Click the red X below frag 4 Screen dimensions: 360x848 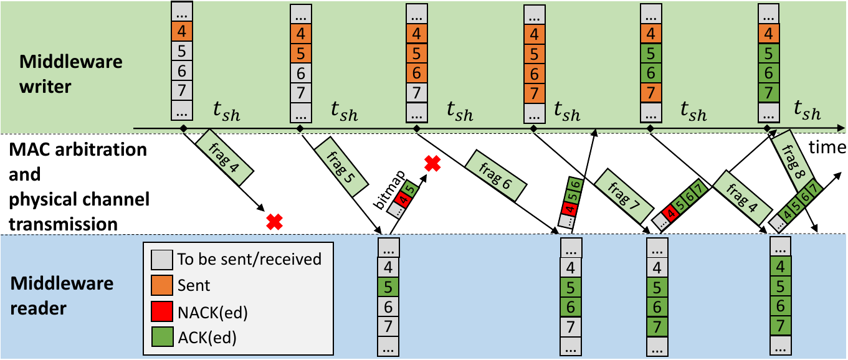pos(273,221)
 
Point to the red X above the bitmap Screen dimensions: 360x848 pos(432,163)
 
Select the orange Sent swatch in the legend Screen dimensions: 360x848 pos(162,285)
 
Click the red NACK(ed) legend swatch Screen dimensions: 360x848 pos(162,312)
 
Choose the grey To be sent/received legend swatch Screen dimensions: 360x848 pos(162,258)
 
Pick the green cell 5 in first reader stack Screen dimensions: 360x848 pos(389,288)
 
